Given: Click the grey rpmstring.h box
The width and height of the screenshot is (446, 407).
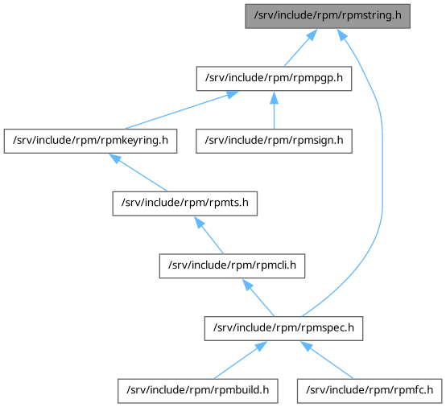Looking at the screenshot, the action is pos(328,16).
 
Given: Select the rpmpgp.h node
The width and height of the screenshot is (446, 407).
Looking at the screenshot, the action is pos(274,79).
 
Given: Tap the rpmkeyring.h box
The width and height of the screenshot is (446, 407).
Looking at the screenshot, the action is pos(90,142).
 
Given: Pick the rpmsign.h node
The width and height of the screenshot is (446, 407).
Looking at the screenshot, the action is pos(274,142).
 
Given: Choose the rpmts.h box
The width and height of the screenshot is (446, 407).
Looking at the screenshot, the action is pos(185,203).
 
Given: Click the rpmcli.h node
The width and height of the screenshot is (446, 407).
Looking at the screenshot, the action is pos(232,266).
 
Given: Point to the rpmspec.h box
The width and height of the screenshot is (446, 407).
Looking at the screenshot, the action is pos(283,328).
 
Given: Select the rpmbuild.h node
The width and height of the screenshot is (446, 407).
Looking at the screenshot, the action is pos(198,391).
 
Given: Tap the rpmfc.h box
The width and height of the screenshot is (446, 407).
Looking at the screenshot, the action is pos(370,391).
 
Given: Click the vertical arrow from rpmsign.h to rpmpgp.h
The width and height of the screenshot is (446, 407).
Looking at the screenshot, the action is pos(274,110).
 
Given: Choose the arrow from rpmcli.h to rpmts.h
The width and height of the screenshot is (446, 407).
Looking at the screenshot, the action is pos(209,235).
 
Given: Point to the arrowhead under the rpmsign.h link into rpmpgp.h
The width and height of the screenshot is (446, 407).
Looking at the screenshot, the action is pos(274,97).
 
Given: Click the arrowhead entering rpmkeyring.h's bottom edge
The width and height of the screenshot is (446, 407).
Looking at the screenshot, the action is pos(115,158).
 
